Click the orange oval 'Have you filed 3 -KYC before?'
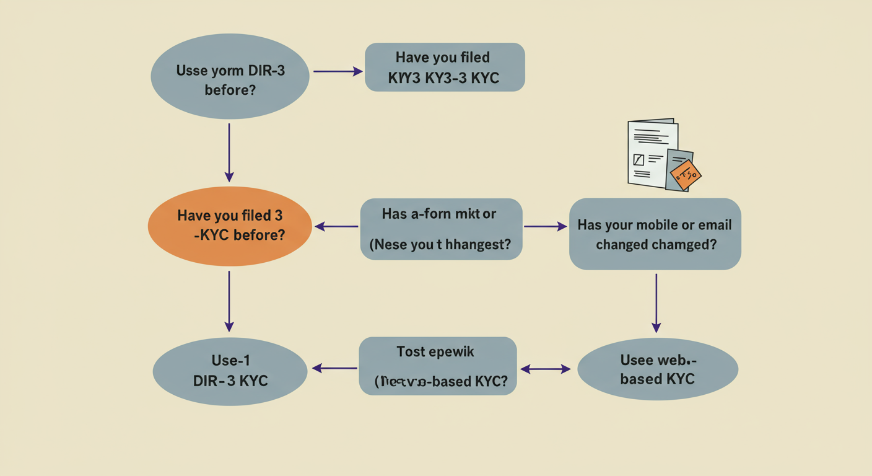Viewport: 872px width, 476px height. pyautogui.click(x=229, y=226)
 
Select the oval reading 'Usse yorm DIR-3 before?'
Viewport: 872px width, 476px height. pyautogui.click(x=230, y=79)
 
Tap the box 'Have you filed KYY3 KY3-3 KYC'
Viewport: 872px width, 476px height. pyautogui.click(x=445, y=67)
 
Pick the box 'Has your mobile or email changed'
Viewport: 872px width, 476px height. pyautogui.click(x=655, y=234)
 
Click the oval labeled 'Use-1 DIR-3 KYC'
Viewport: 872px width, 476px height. pyautogui.click(x=230, y=371)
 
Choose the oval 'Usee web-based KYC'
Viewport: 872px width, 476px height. pyautogui.click(x=657, y=369)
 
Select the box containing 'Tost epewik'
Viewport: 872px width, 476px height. pyautogui.click(x=437, y=366)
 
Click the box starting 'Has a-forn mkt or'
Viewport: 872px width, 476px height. pyautogui.click(x=441, y=229)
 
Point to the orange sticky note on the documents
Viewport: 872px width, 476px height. pyautogui.click(x=686, y=174)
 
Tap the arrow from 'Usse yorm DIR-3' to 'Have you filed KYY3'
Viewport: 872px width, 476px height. pyautogui.click(x=338, y=71)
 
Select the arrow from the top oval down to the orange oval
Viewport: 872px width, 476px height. pyautogui.click(x=229, y=152)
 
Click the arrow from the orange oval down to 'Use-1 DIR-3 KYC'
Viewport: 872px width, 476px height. pyautogui.click(x=229, y=301)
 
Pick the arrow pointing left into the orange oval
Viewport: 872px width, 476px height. pyautogui.click(x=336, y=227)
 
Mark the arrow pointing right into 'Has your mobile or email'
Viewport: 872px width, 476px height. pyautogui.click(x=545, y=227)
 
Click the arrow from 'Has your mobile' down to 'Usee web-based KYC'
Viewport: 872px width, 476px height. pyautogui.click(x=656, y=302)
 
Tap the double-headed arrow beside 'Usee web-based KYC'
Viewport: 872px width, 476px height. pyautogui.click(x=545, y=369)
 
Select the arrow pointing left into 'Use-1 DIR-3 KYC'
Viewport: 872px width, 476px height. pyautogui.click(x=334, y=368)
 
